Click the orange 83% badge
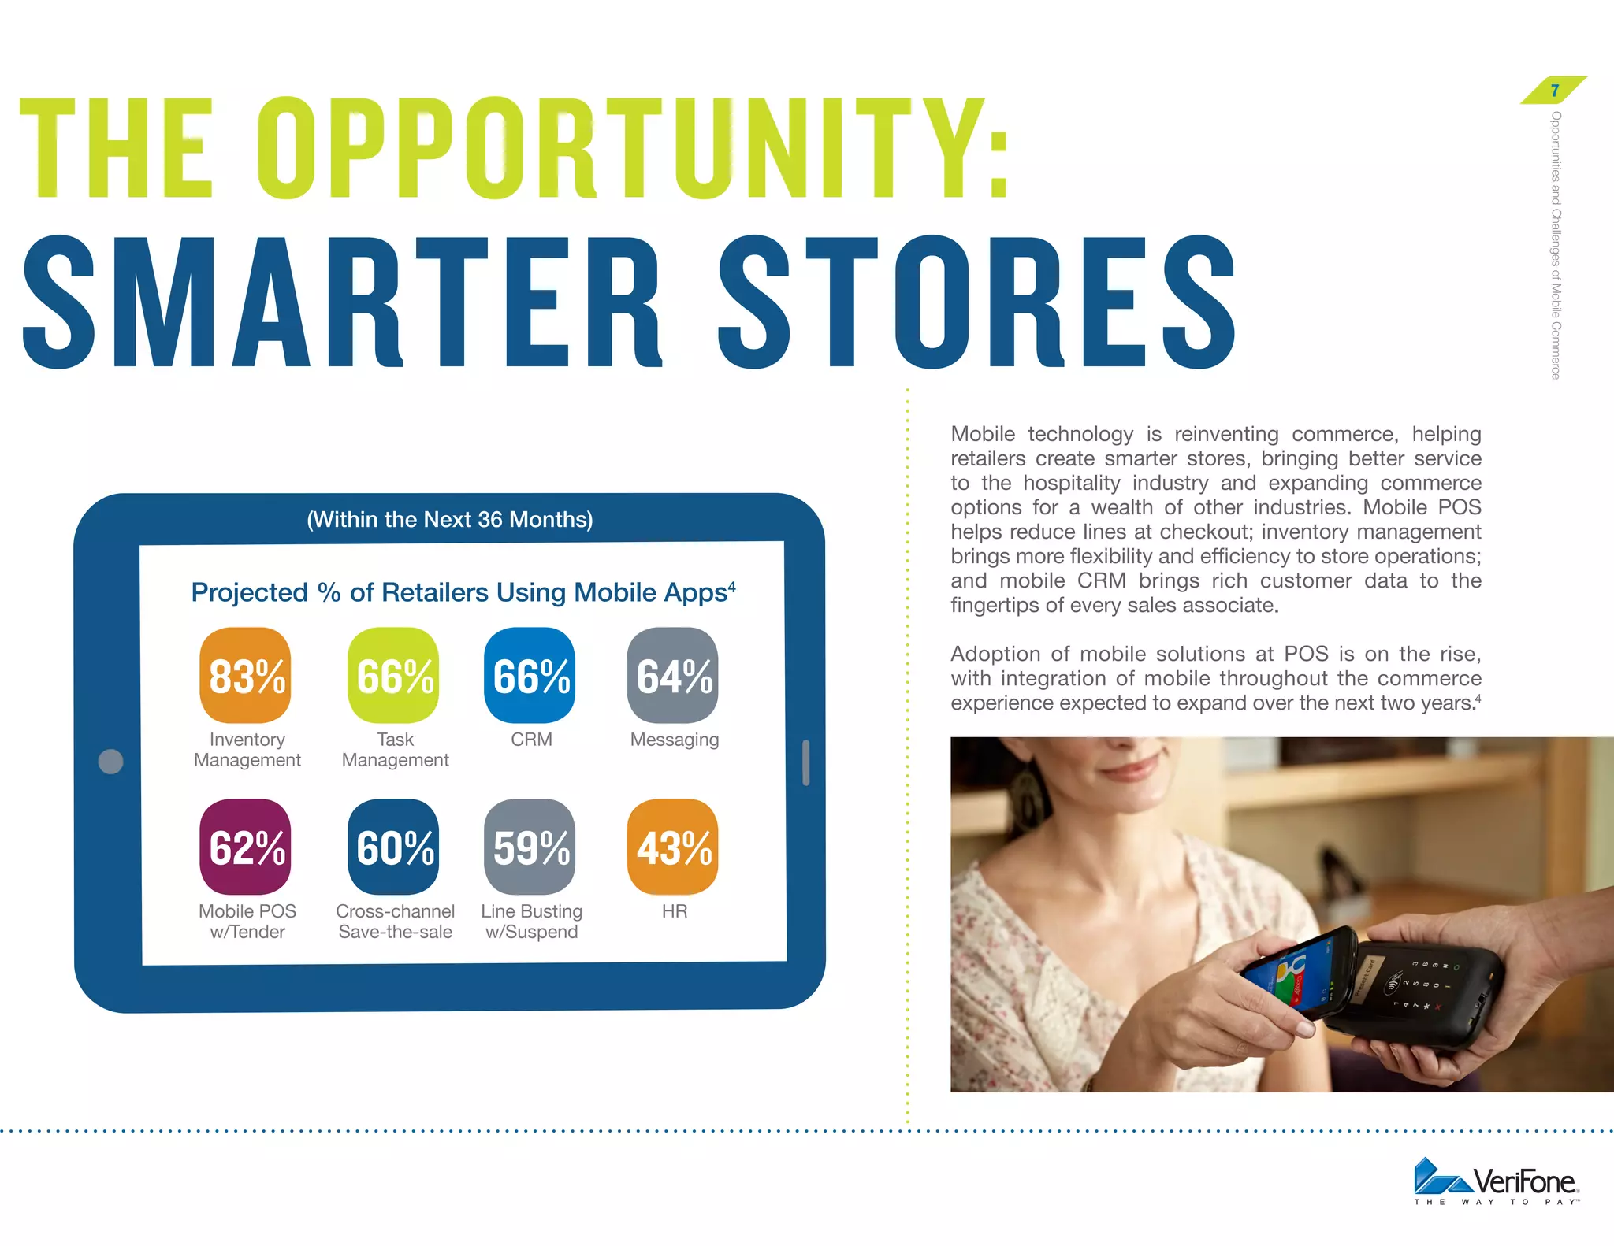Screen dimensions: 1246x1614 point(245,675)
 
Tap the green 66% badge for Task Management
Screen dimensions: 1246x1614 point(393,675)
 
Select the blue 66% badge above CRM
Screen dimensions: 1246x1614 point(530,675)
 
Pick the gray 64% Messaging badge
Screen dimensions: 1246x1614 point(672,675)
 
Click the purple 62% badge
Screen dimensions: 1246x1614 point(245,847)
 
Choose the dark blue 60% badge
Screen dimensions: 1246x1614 point(393,847)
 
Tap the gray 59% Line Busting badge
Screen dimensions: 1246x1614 point(530,847)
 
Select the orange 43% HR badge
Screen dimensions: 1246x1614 point(672,847)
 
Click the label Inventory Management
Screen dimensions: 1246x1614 point(247,750)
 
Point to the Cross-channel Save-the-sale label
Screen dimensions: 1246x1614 point(395,922)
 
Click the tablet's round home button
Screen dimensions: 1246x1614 point(110,761)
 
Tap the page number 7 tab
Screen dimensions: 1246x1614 point(1554,91)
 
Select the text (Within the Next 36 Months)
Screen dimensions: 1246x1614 point(449,520)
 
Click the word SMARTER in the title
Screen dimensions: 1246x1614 point(339,303)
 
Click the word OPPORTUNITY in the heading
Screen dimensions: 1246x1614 point(630,150)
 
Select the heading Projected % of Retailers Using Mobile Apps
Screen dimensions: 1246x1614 point(463,592)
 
